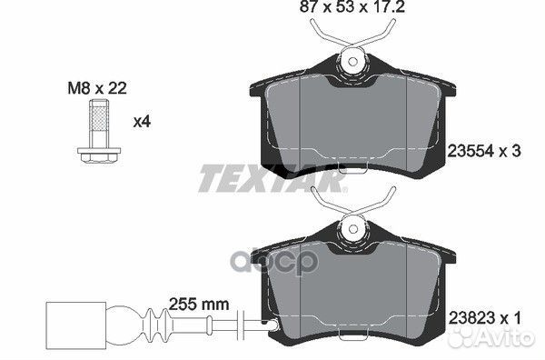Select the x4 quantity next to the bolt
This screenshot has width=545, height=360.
(142, 120)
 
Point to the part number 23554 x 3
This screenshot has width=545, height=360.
(484, 152)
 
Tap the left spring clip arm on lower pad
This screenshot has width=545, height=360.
(322, 198)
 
